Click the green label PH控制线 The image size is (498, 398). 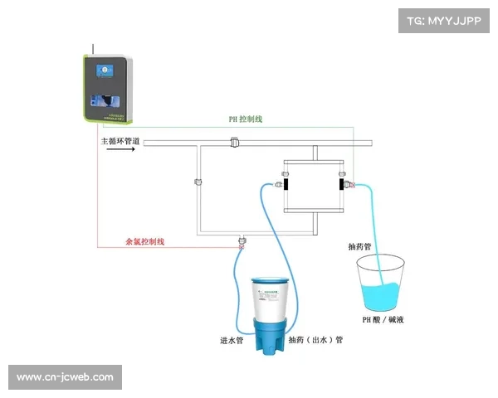click(x=246, y=119)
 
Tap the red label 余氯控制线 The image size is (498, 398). click(x=145, y=241)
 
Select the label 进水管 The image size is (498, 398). click(x=232, y=340)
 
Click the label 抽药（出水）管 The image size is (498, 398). click(x=315, y=340)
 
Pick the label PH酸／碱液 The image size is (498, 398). click(x=383, y=319)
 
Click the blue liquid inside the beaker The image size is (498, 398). click(x=380, y=296)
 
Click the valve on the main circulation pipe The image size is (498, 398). click(x=235, y=143)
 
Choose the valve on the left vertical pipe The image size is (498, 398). click(x=198, y=182)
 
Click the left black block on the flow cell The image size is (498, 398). click(x=282, y=183)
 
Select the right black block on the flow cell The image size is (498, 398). click(x=341, y=182)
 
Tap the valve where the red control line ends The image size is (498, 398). click(x=242, y=241)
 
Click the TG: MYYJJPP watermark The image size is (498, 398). click(x=445, y=20)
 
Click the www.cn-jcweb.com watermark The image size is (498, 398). click(x=66, y=377)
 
